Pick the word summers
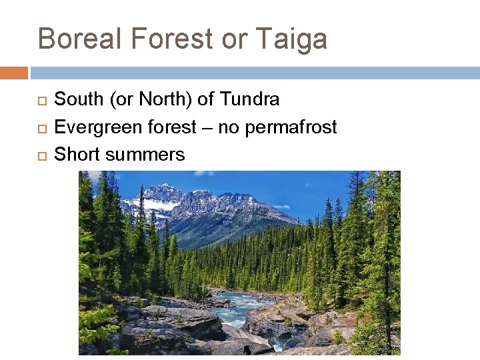point(145,154)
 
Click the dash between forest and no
point(207,127)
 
